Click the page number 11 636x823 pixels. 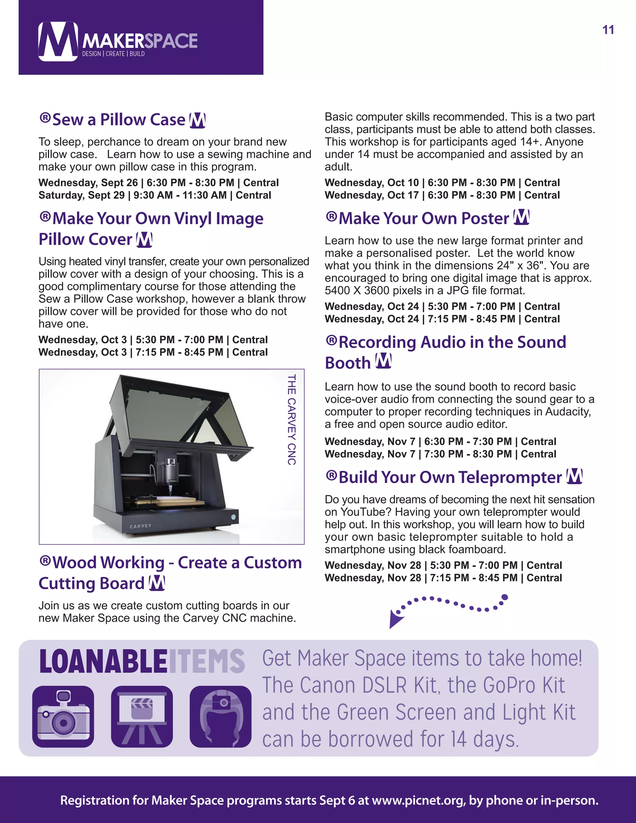click(x=608, y=30)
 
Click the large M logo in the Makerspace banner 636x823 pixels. click(x=58, y=41)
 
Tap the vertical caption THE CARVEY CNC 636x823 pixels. click(x=291, y=419)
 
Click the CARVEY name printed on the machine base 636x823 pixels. click(x=141, y=526)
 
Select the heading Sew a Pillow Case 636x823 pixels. click(x=119, y=120)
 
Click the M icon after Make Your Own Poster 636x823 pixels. click(x=522, y=217)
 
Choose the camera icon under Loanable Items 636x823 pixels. click(x=63, y=716)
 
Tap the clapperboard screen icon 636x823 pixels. click(x=142, y=716)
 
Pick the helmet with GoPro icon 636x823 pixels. click(x=220, y=716)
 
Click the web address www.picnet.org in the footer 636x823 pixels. click(x=418, y=800)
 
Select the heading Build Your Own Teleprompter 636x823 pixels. click(x=450, y=477)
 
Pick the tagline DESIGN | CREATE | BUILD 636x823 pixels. click(x=113, y=54)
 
